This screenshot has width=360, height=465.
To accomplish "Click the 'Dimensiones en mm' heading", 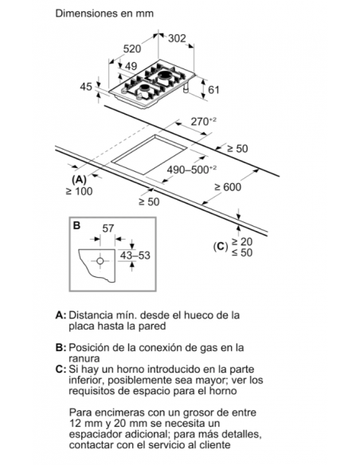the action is pos(104,14).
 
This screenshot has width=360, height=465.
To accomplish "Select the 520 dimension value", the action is pos(132,49).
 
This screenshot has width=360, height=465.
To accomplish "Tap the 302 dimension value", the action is pos(177,38).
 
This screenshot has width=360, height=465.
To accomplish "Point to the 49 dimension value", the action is pos(131,66).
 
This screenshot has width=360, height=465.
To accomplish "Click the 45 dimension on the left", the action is pos(86,87).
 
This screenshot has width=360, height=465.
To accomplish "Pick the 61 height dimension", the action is pos(213,89).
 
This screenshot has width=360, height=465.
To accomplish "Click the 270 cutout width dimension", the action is pos(203,122).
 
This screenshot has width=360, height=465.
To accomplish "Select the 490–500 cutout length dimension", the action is pos(192,170).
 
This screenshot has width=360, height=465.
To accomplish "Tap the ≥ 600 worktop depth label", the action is pos(228,187).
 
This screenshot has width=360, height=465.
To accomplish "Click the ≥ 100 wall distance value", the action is pos(79,191).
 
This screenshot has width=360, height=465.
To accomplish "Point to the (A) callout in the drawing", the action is pos(79,180).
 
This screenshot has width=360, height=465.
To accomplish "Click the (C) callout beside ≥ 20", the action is pos(221,247).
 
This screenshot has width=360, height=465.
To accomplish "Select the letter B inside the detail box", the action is pos(76,225).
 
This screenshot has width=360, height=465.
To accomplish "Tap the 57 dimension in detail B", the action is pos(108,229).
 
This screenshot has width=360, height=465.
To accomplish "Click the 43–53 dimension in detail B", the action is pos(135,255).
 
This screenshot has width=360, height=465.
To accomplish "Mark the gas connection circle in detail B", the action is pos(100,261).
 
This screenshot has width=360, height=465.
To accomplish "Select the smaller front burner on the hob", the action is pos(145,88).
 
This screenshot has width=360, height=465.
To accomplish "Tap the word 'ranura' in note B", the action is pos(84,358).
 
